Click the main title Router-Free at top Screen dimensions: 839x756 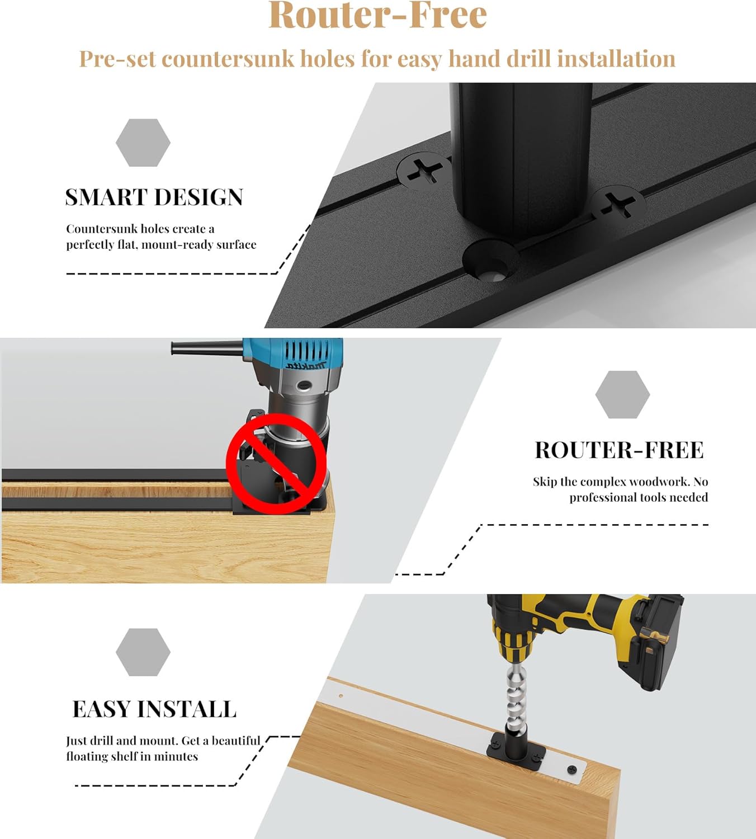point(377,16)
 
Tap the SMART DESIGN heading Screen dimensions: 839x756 point(154,197)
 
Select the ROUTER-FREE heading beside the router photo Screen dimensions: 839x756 point(619,450)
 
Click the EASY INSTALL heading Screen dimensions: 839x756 point(154,709)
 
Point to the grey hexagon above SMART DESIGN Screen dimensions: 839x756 point(143,143)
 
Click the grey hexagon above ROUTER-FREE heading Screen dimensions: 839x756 point(622,394)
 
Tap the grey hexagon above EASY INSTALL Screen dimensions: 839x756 point(143,652)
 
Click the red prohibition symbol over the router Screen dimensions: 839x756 point(276,464)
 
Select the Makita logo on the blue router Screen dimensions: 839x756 point(306,365)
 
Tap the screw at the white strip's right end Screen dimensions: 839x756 point(572,770)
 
